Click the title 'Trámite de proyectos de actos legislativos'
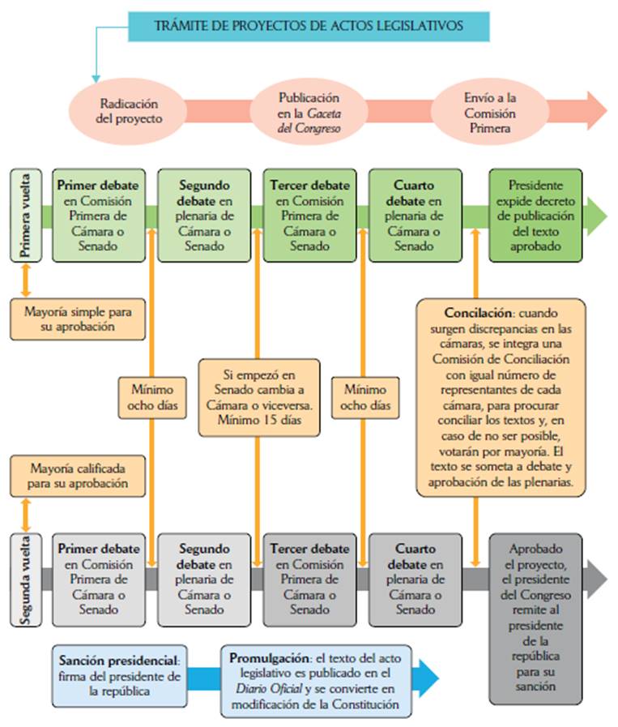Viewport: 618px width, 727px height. point(309,26)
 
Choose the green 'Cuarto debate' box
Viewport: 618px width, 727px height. point(415,215)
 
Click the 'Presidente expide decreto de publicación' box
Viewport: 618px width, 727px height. point(535,215)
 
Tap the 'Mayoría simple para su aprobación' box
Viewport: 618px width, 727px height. point(78,319)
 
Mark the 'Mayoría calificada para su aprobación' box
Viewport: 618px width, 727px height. point(78,476)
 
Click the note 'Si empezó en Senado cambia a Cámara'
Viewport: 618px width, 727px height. point(259,397)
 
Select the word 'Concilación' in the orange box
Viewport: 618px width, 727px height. point(473,312)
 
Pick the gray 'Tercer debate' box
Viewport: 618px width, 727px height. point(309,579)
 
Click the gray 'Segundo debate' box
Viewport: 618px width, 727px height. point(204,579)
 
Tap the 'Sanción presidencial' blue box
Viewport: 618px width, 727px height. point(117,669)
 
